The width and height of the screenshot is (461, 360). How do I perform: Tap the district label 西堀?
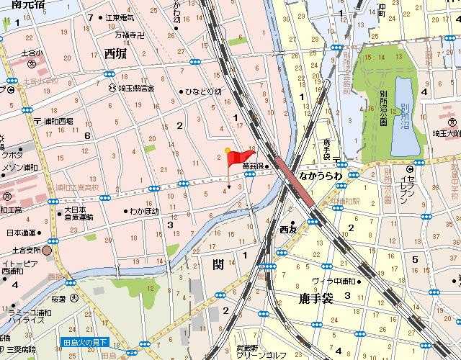[x=119, y=53]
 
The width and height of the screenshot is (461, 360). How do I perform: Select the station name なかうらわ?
[x=321, y=174]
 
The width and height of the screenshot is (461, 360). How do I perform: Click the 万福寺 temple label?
[x=130, y=34]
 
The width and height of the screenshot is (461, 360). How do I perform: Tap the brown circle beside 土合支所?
[x=47, y=250]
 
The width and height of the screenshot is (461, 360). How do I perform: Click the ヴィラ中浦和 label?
[x=334, y=281]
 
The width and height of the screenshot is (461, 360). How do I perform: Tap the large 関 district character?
[x=218, y=265]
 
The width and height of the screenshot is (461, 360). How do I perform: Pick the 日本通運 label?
[x=21, y=233]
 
